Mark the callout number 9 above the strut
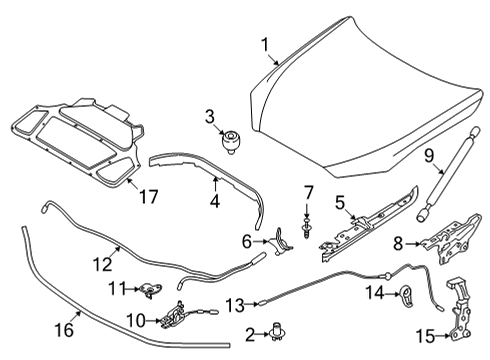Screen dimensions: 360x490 pos(430,156)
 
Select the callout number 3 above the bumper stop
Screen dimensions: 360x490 pos(209,116)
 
